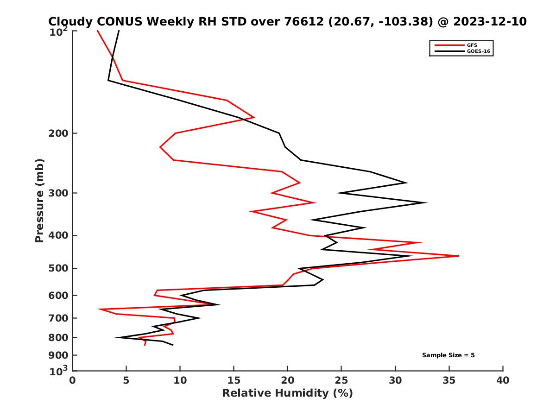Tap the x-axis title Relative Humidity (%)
287,393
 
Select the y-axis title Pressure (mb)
39,201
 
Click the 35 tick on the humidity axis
449,381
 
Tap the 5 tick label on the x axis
126,381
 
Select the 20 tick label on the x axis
288,381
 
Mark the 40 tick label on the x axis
503,381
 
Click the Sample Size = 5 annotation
448,355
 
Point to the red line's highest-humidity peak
459,256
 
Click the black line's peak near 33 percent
426,202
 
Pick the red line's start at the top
97,31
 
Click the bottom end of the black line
173,345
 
